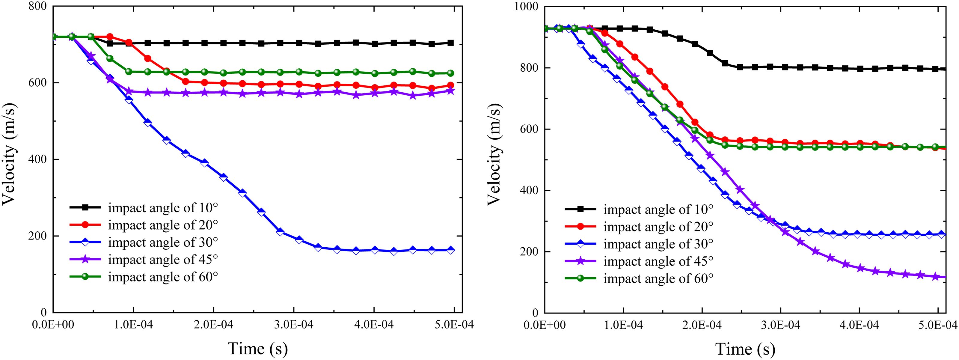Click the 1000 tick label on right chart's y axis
click(526, 6)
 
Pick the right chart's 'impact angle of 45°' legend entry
click(639, 261)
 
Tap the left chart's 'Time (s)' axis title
click(258, 348)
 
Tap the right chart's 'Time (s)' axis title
click(745, 349)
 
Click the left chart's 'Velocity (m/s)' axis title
click(9, 154)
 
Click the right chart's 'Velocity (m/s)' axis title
click(494, 154)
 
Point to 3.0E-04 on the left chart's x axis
click(294, 325)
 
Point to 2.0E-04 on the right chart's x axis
click(702, 325)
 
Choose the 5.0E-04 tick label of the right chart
click(938, 325)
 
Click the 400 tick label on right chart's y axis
click(529, 190)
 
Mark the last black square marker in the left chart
click(450, 43)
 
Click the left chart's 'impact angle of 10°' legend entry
click(144, 208)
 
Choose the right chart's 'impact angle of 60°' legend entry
click(639, 278)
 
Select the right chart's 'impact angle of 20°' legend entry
click(639, 227)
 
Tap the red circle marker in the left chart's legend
click(85, 225)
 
